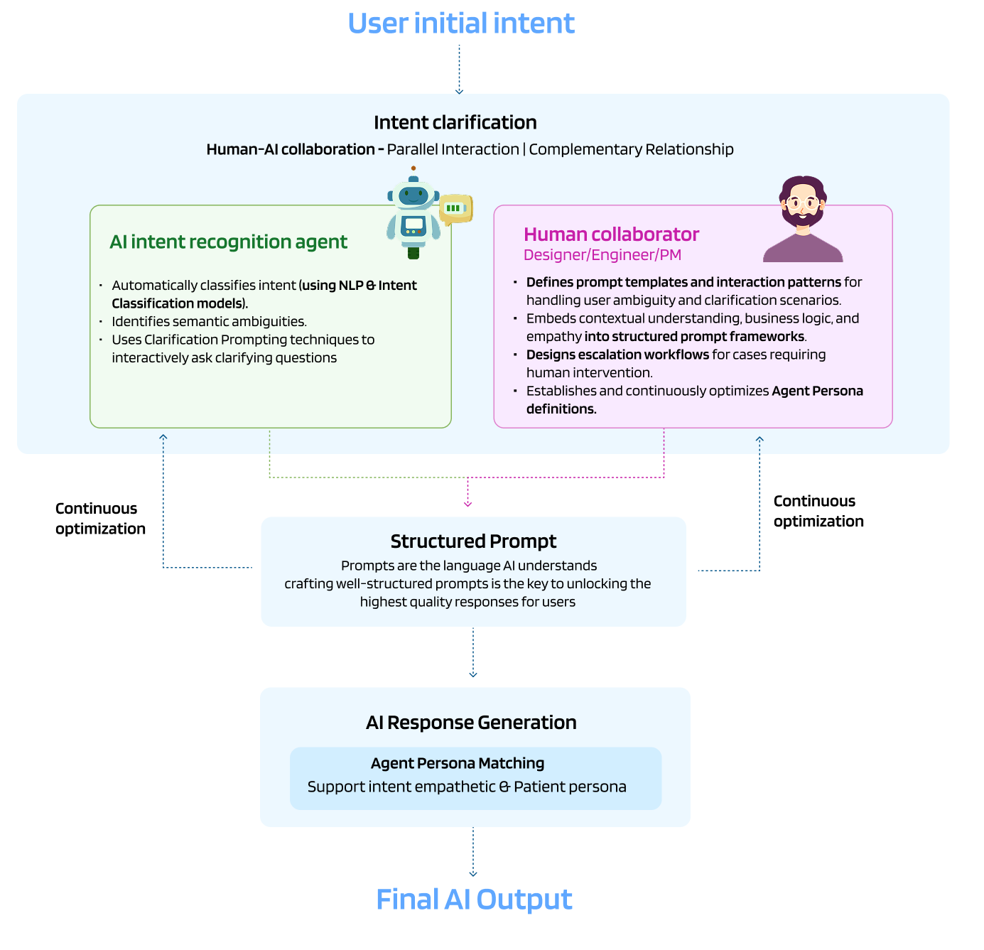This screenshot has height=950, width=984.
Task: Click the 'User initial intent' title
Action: (460, 23)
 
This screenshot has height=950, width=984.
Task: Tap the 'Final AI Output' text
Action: (474, 900)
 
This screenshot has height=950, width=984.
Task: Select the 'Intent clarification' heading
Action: (455, 122)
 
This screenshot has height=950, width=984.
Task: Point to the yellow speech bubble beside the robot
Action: (455, 209)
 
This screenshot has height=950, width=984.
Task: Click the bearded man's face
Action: (802, 204)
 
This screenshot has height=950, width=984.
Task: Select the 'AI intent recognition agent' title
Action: (228, 242)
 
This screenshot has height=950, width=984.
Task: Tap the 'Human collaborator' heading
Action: (611, 234)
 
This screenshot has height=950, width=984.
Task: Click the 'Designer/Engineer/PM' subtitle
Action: (602, 255)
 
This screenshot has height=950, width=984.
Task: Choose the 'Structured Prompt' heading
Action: (473, 541)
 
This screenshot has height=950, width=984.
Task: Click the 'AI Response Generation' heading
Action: (471, 723)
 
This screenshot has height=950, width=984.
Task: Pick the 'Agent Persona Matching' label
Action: (458, 763)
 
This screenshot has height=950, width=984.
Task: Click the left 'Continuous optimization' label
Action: (100, 519)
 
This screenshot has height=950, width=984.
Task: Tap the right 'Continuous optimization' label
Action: (818, 511)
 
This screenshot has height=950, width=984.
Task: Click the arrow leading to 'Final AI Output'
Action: (473, 852)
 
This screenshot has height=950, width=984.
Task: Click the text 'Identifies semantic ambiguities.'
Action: (209, 322)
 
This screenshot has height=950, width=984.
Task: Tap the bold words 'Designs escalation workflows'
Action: (617, 355)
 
